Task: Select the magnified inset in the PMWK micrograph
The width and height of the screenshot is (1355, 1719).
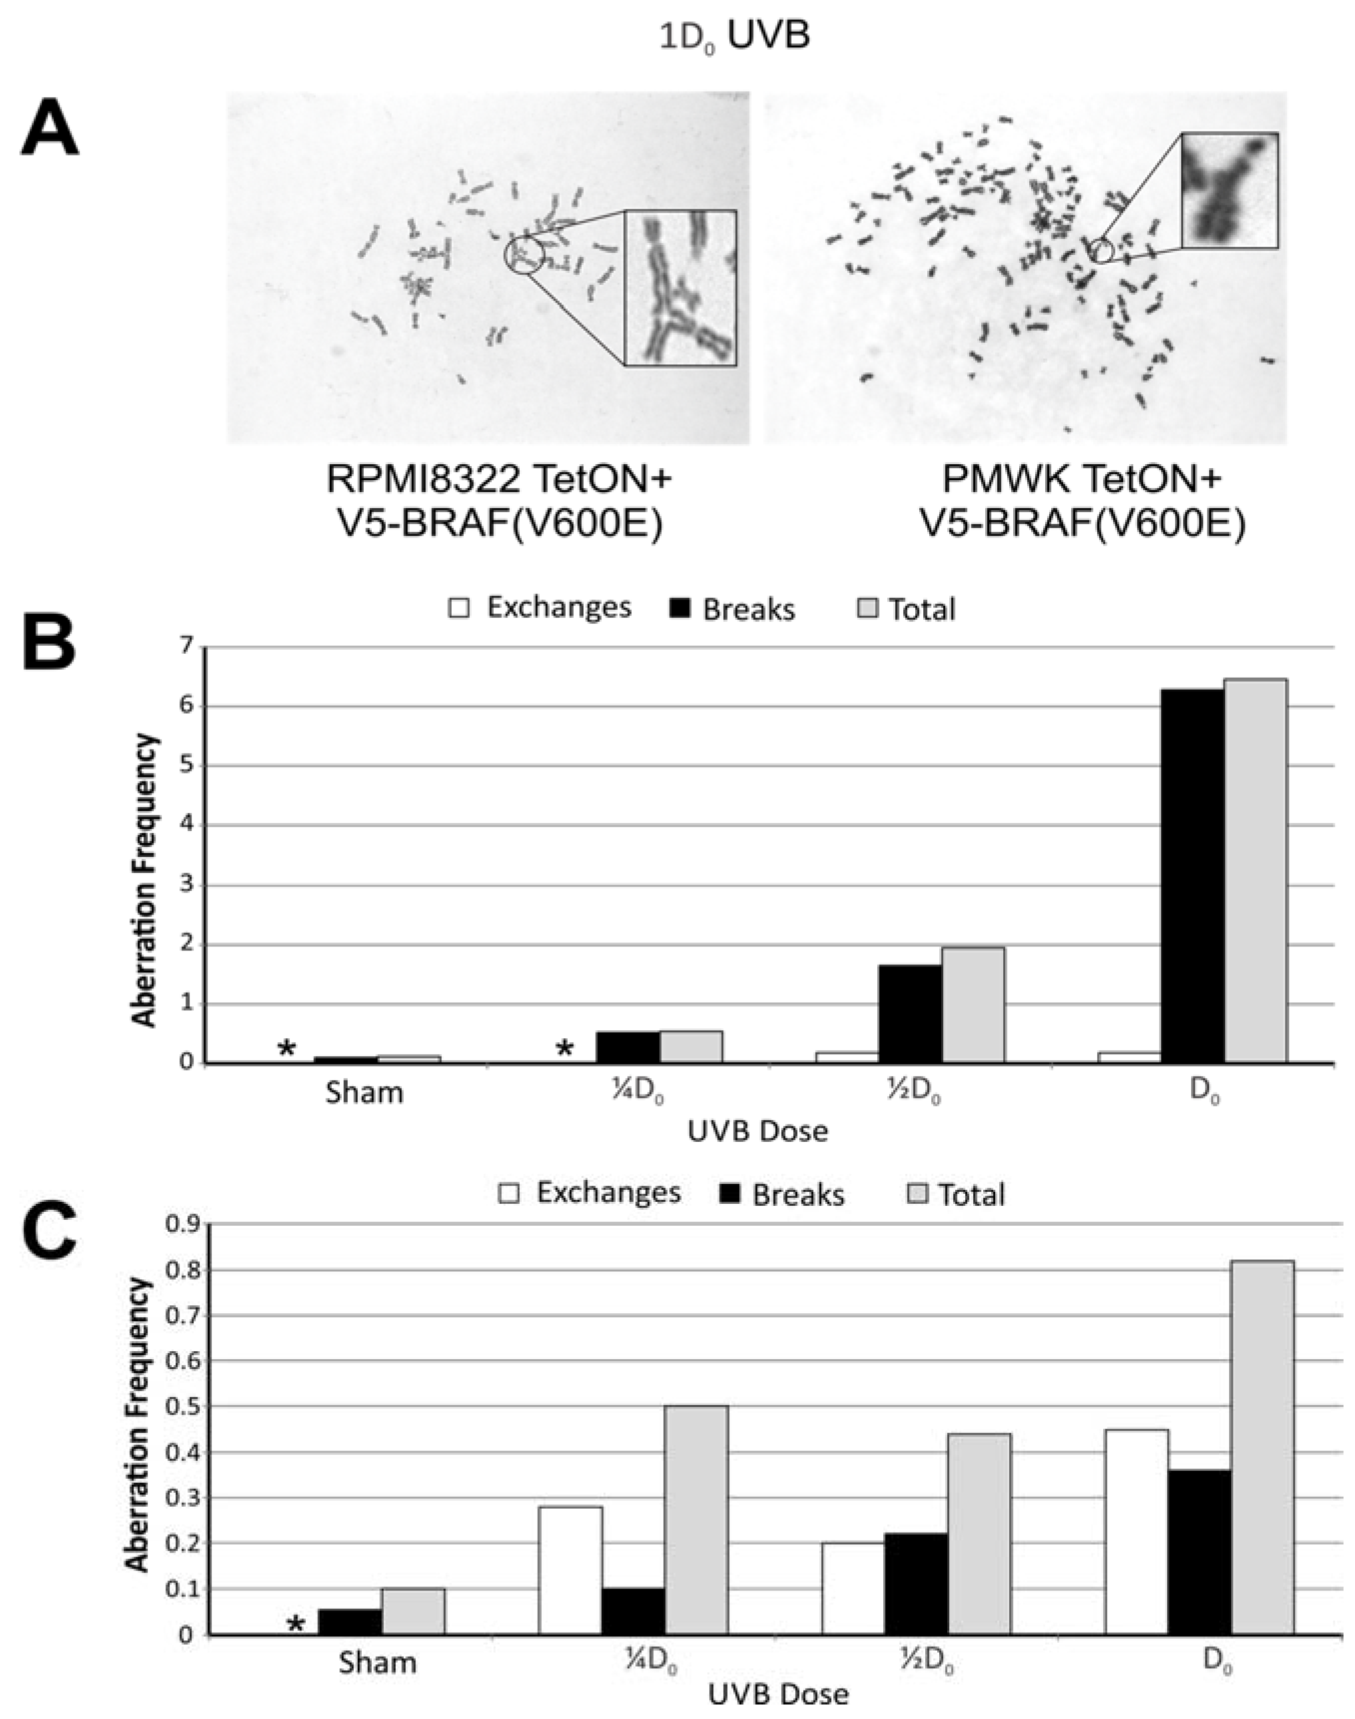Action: (x=1229, y=189)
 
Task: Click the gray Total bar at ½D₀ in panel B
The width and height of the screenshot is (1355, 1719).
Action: (x=973, y=1004)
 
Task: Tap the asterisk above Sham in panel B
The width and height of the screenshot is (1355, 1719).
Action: (x=286, y=1049)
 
